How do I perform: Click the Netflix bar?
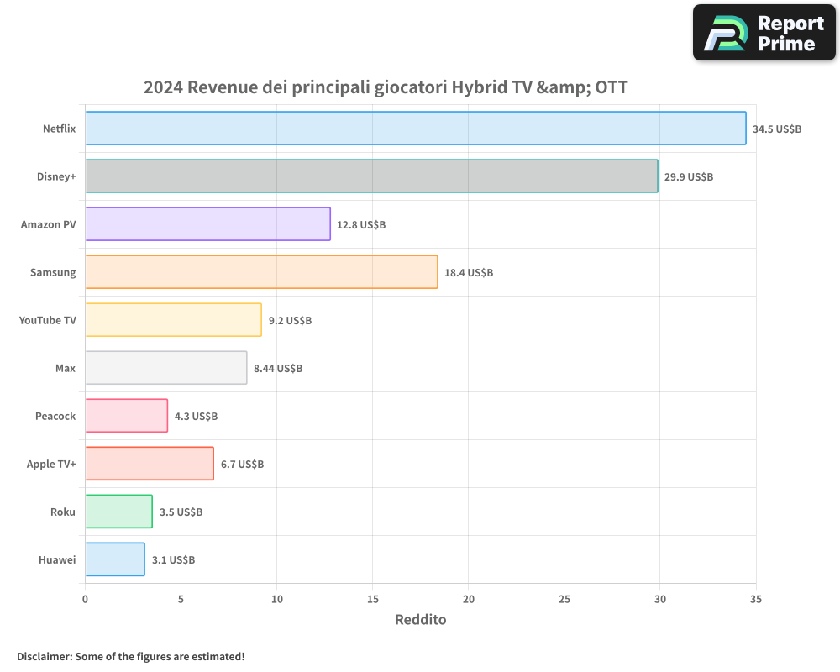click(416, 129)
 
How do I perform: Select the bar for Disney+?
click(371, 176)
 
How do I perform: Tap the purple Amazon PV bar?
click(207, 224)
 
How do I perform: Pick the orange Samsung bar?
click(261, 272)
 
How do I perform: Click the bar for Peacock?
click(126, 416)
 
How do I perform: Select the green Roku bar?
click(118, 512)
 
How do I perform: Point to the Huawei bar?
click(115, 559)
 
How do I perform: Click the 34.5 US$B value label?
click(777, 129)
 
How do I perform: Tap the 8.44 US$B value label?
click(278, 369)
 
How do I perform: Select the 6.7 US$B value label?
click(242, 465)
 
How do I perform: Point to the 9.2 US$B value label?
click(290, 321)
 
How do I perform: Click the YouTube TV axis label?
click(48, 320)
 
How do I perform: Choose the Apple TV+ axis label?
click(51, 464)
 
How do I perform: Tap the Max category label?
click(66, 368)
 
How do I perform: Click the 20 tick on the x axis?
click(469, 599)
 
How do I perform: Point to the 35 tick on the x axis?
click(756, 599)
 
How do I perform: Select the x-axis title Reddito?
click(420, 620)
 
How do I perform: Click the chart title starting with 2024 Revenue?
click(386, 87)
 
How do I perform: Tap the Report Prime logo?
click(764, 33)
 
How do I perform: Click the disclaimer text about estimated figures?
click(130, 656)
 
